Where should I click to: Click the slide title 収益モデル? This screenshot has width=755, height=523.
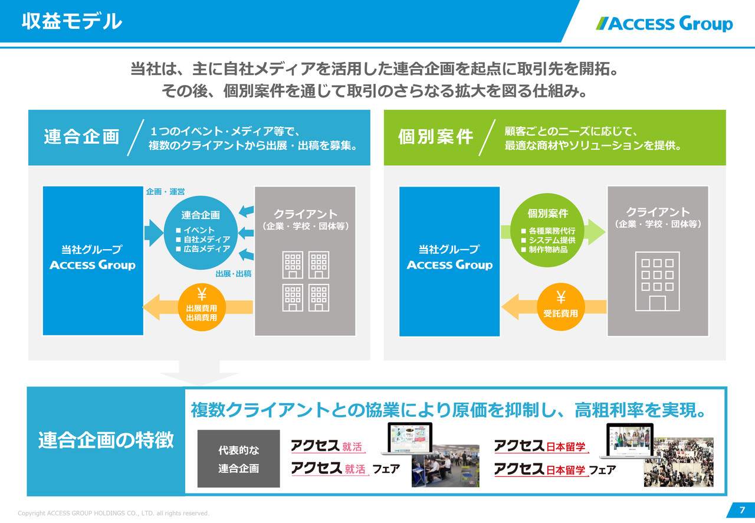point(72,22)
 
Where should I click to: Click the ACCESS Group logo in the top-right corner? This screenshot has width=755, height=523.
point(665,24)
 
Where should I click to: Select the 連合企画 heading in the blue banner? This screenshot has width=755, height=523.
point(81,137)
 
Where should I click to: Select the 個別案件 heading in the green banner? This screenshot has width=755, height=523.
point(436,137)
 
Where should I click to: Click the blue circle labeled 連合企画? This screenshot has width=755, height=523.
point(201,232)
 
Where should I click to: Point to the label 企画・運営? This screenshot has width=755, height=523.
point(165,192)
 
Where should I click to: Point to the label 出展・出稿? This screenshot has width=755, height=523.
point(234,274)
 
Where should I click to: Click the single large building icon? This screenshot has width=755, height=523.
point(657,281)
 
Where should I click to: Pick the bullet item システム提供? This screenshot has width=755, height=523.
point(552,240)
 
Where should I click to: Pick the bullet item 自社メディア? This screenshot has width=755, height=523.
point(206,240)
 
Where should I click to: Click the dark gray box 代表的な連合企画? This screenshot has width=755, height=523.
point(238,459)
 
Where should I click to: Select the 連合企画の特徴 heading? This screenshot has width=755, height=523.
point(106,440)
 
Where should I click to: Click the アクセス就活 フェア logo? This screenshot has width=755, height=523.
point(345,469)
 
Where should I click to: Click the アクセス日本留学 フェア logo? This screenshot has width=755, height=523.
point(554,470)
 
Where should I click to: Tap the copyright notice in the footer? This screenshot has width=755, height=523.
point(113,514)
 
